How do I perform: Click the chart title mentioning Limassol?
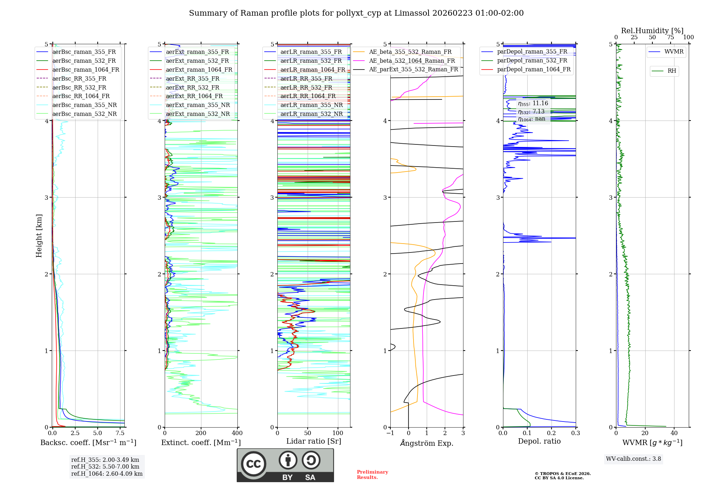click(x=356, y=13)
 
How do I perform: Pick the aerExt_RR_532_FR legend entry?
click(x=193, y=87)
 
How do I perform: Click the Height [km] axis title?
click(x=39, y=236)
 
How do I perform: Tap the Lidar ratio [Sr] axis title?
click(x=314, y=441)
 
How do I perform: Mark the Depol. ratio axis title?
click(x=539, y=441)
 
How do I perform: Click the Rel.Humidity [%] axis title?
click(x=652, y=31)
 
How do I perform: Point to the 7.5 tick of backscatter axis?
click(x=120, y=433)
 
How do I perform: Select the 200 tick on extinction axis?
click(x=201, y=433)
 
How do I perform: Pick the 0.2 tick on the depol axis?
click(x=552, y=433)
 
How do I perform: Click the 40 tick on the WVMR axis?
click(x=674, y=433)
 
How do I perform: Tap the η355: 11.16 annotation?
click(x=533, y=103)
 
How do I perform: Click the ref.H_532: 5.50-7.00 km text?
click(x=105, y=466)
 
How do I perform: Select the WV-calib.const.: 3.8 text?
click(x=634, y=459)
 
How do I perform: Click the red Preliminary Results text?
click(x=372, y=475)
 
